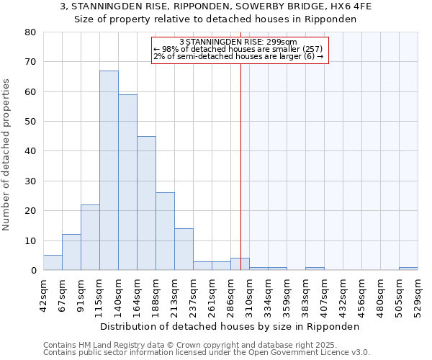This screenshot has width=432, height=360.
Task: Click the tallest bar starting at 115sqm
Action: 109,171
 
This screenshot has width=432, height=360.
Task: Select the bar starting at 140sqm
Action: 127,182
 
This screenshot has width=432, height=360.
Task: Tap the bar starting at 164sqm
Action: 146,203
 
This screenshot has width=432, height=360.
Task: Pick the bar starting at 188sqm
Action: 165,231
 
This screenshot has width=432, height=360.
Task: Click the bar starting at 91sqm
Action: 90,238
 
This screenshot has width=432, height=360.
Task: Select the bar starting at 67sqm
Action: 71,252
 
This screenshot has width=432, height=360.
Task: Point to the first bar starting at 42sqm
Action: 53,263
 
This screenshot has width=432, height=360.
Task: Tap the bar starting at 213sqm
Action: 184,249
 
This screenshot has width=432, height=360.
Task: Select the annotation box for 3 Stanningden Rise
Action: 240,50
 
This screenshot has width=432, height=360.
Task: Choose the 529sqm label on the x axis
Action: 418,294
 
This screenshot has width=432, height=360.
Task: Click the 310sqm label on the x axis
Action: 249,294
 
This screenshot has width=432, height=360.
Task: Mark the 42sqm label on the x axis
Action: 43,294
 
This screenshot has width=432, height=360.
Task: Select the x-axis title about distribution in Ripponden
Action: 230,326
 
